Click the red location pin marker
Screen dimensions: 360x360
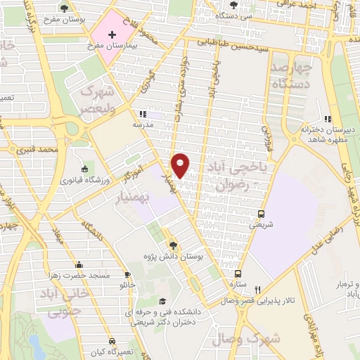coord(181,165)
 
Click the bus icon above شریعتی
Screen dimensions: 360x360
coord(262,214)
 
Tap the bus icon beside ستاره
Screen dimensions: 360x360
coord(238,274)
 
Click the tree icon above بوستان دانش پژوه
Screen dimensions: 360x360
coord(174,245)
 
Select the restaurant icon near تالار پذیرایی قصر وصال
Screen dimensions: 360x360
coord(258,289)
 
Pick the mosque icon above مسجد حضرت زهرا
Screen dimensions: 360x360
coord(79,265)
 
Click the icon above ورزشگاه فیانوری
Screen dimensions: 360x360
coord(85,169)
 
